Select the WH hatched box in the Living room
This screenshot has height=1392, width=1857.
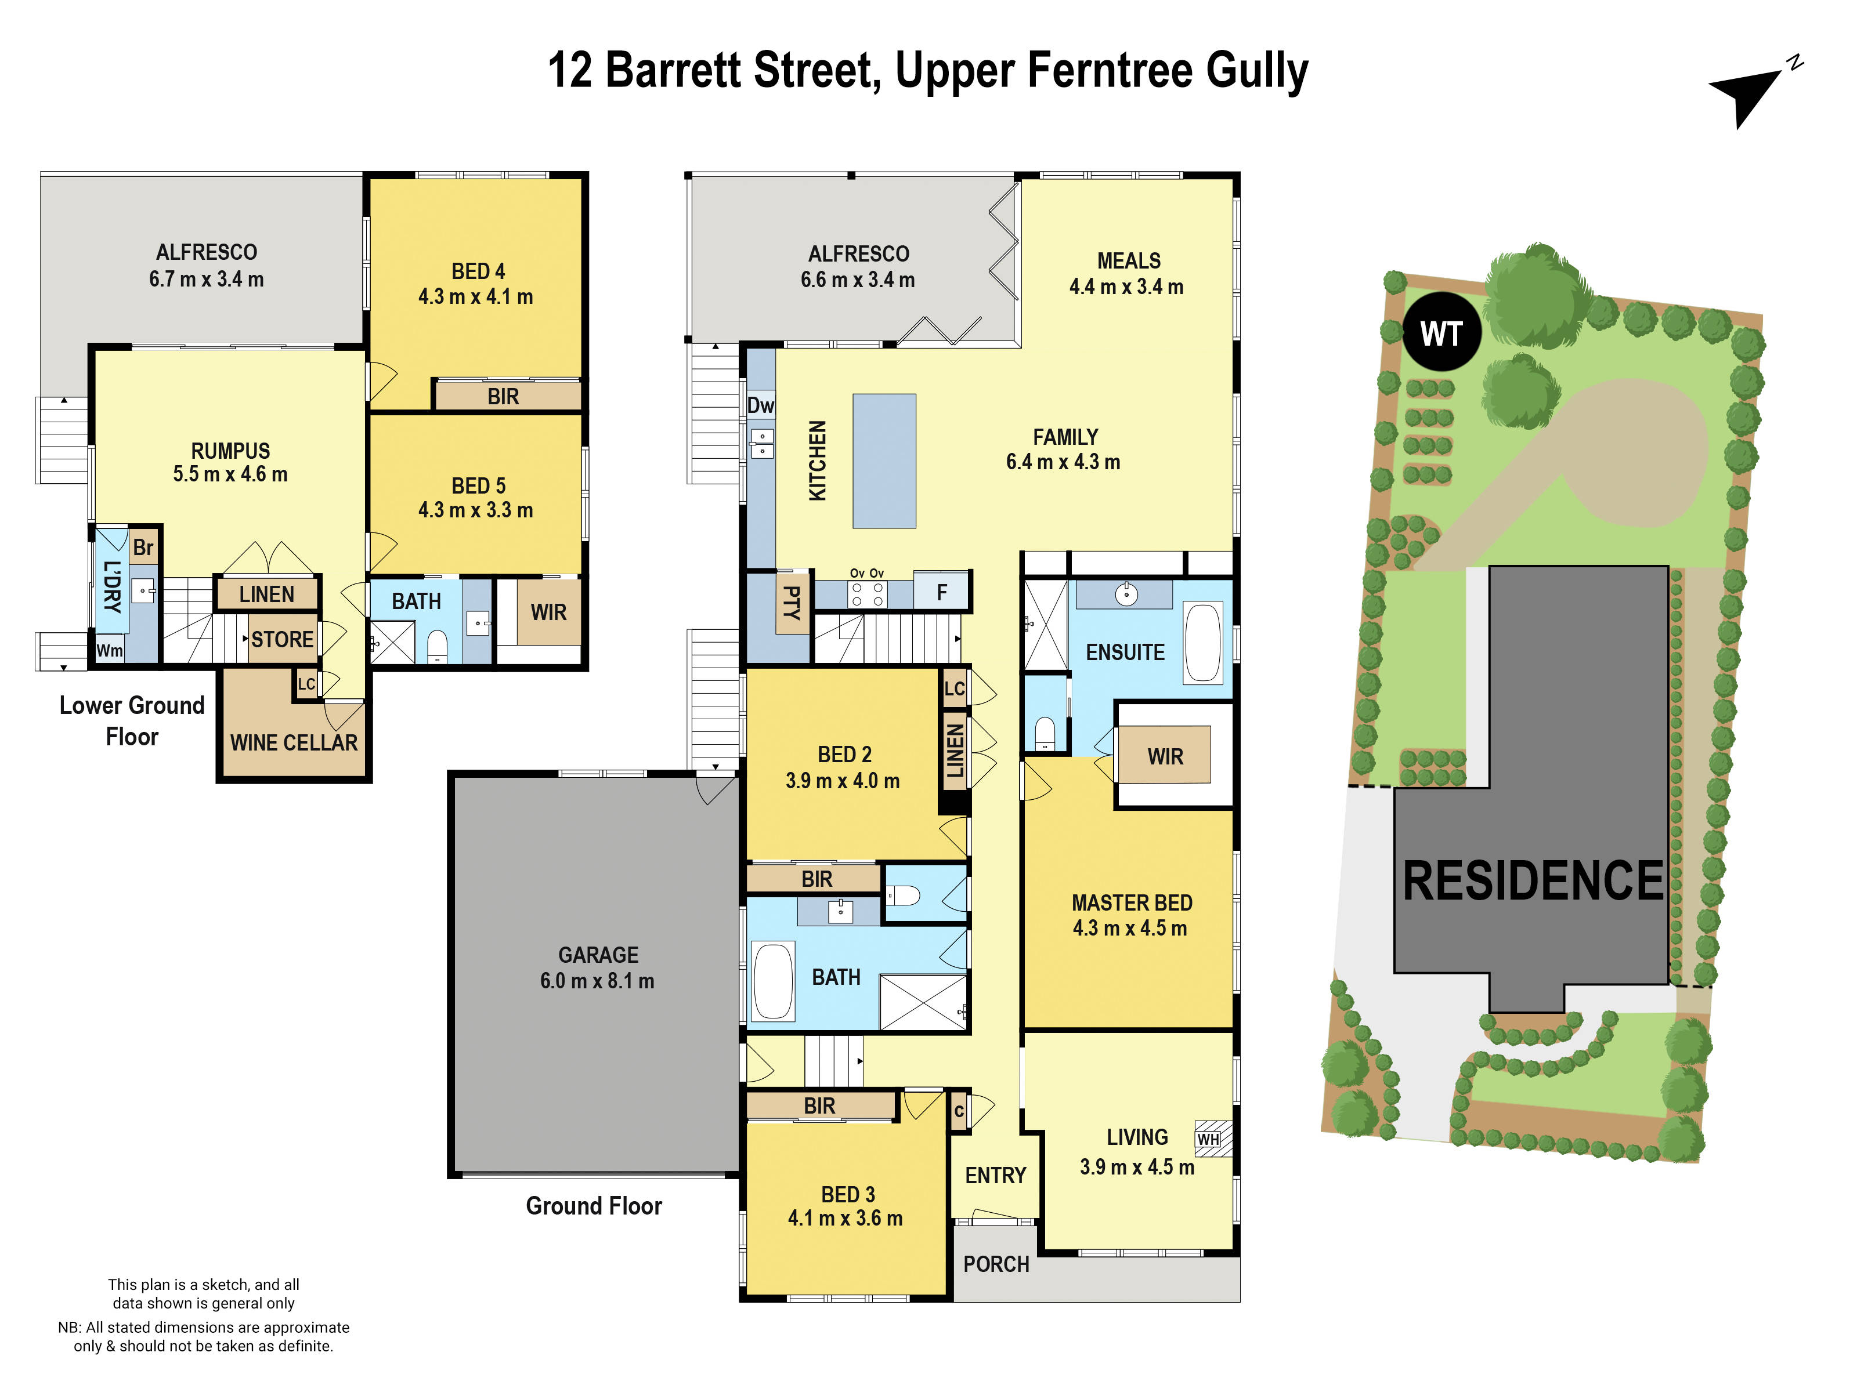point(1212,1139)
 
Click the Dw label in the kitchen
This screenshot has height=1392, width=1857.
point(761,405)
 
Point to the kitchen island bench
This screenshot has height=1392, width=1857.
point(884,461)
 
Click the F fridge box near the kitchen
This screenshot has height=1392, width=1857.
point(941,592)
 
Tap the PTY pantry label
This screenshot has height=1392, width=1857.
point(791,603)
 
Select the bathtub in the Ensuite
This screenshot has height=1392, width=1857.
point(1203,643)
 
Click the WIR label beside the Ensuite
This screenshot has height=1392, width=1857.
point(1165,756)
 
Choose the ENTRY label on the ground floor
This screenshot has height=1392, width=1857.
point(996,1174)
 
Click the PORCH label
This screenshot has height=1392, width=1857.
point(996,1264)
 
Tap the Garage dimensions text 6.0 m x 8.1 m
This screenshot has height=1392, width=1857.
point(597,980)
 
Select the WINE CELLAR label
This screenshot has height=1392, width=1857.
point(294,742)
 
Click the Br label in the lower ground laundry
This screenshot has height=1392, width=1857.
point(143,547)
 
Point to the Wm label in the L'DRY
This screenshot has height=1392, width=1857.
point(109,650)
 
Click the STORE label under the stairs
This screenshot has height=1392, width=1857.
point(282,639)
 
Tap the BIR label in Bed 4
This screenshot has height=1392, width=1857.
point(503,396)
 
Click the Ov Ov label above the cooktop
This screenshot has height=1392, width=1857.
point(866,573)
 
